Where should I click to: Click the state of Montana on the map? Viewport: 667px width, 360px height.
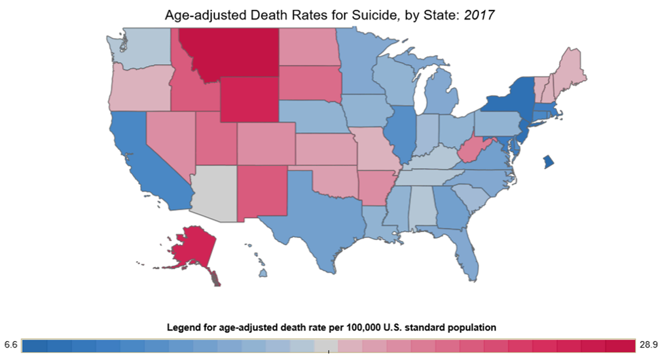(x=229, y=52)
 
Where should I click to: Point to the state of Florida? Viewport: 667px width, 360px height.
(x=466, y=252)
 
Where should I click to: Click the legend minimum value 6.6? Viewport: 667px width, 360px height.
(x=10, y=344)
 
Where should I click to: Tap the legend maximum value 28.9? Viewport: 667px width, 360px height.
(x=650, y=344)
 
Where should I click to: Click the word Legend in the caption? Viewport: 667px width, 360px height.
(x=184, y=327)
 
